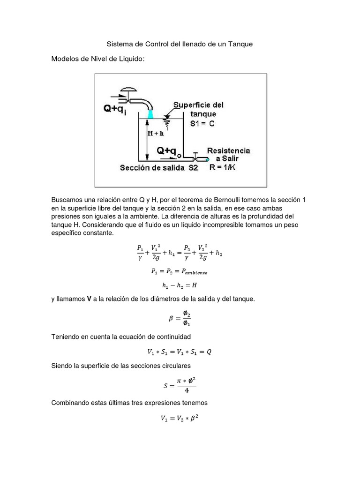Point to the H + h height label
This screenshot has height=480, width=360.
[156, 133]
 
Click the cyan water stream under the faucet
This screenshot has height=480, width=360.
[150, 114]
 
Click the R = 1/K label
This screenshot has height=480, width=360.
[224, 167]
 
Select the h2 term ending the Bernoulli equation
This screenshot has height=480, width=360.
[218, 253]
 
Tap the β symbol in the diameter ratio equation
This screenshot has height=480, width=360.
[171, 319]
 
